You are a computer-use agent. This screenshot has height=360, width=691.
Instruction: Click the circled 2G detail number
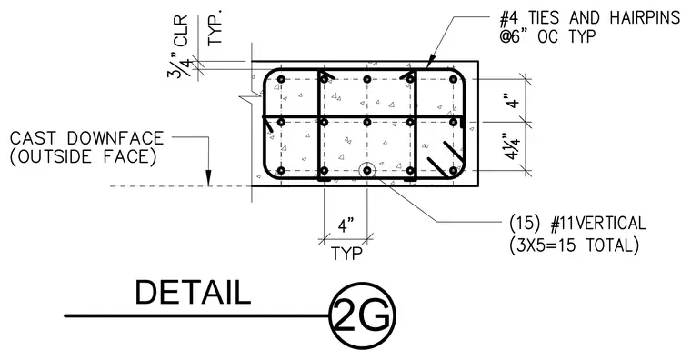tap(363, 316)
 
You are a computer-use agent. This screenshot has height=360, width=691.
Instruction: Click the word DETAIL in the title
tap(193, 292)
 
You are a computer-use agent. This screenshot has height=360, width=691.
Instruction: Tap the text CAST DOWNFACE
tap(86, 138)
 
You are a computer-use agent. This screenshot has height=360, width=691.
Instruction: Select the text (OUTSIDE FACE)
tap(84, 157)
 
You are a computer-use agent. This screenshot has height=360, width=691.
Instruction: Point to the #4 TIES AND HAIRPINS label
tap(590, 18)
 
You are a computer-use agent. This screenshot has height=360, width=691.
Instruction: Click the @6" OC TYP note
tap(547, 36)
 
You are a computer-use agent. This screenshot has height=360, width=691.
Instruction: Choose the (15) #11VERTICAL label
tap(577, 224)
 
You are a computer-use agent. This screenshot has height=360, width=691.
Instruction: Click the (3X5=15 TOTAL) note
tap(574, 245)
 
